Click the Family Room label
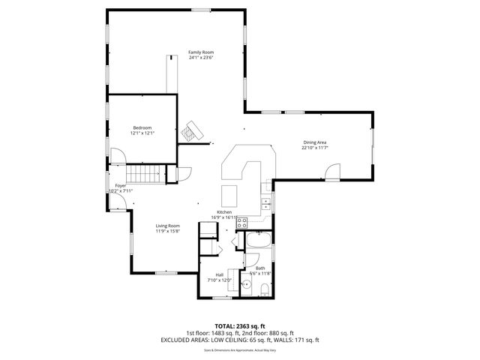coord(201,52)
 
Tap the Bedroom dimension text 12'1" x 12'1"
coord(142,133)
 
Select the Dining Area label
coord(315,142)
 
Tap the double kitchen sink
coord(265,202)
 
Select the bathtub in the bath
coord(259,241)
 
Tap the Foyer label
coord(120,185)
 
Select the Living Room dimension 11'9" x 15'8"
coord(168,231)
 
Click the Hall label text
coord(220,274)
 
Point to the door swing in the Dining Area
coord(332,173)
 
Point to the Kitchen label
coord(224,212)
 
